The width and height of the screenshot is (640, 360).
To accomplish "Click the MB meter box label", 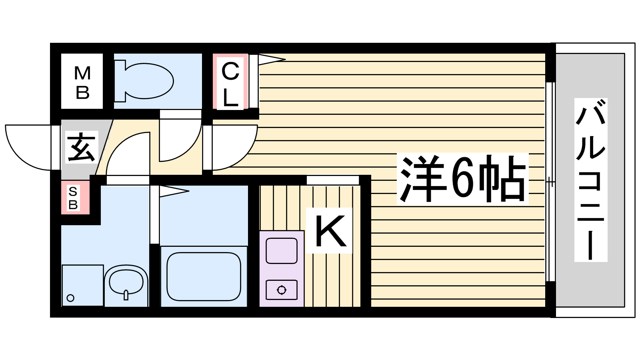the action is pyautogui.click(x=82, y=82).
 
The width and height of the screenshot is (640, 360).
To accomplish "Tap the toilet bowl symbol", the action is pyautogui.click(x=149, y=81).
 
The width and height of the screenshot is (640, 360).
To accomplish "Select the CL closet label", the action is pyautogui.click(x=230, y=84).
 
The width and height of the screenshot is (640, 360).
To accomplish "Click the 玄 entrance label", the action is pyautogui.click(x=81, y=147).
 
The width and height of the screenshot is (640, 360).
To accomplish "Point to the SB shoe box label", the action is pyautogui.click(x=73, y=198).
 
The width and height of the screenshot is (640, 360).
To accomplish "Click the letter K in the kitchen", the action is pyautogui.click(x=330, y=230).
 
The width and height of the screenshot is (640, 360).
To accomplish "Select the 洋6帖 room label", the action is pyautogui.click(x=462, y=178).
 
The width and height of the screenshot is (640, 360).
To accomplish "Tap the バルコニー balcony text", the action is pyautogui.click(x=590, y=180).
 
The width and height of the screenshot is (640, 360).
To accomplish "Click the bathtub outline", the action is pyautogui.click(x=204, y=276).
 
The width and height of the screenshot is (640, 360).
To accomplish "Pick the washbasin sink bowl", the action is pyautogui.click(x=126, y=282).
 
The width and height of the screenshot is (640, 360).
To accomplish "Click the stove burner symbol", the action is pyautogui.click(x=282, y=290).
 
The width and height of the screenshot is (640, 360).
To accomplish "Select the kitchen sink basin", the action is pyautogui.click(x=282, y=250).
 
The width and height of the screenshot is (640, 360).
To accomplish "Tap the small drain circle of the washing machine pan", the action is pyautogui.click(x=70, y=298).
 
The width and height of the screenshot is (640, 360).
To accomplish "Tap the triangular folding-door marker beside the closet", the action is pyautogui.click(x=272, y=60).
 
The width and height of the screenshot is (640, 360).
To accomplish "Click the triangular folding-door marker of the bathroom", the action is pyautogui.click(x=174, y=191).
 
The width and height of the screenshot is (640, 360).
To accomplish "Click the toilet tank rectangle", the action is pyautogui.click(x=120, y=81).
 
